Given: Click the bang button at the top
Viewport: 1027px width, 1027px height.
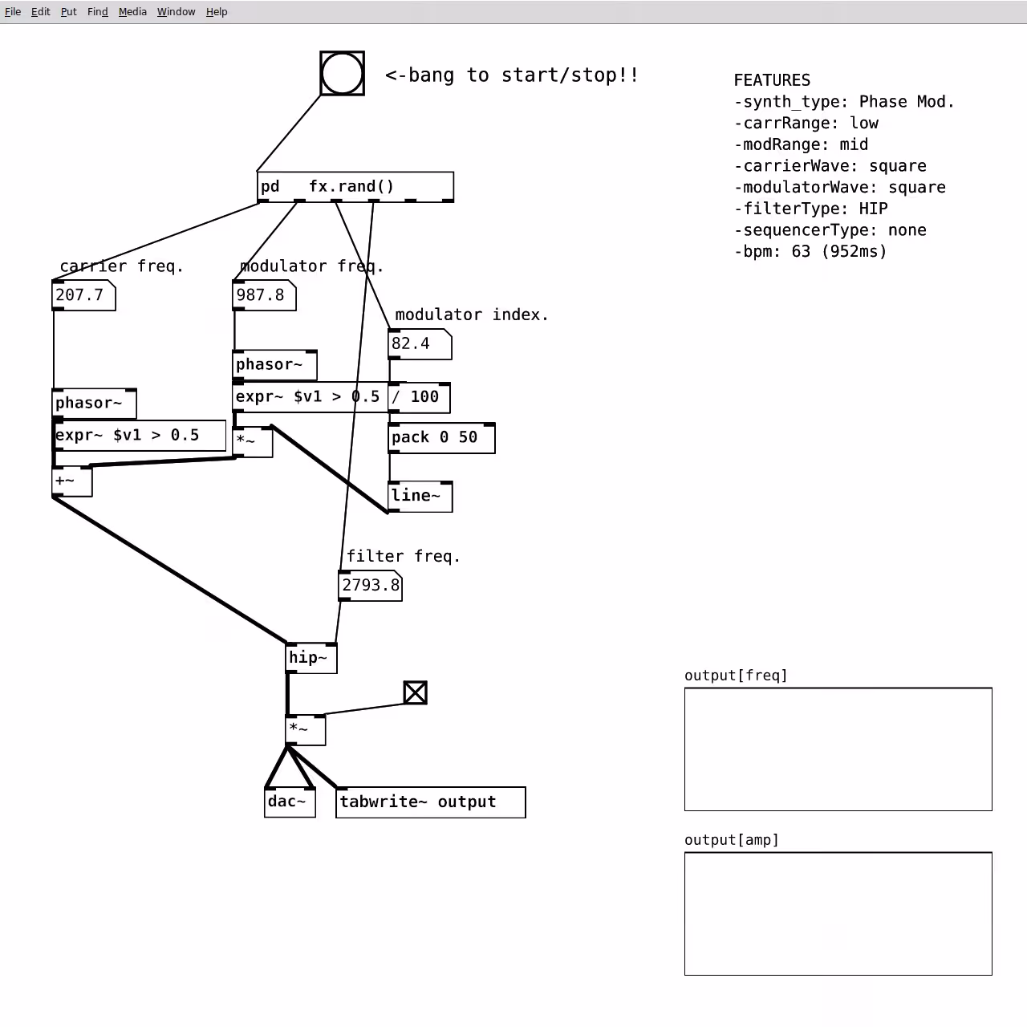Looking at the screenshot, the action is click(342, 73).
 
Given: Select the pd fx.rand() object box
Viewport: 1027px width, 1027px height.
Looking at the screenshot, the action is click(355, 186).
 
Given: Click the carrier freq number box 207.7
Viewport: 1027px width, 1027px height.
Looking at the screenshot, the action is click(83, 295).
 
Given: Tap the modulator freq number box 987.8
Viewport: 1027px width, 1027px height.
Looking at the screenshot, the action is click(264, 295).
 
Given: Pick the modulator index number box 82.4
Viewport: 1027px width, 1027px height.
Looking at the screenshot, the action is click(420, 344).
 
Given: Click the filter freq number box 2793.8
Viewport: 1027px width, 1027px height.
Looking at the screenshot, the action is click(371, 586).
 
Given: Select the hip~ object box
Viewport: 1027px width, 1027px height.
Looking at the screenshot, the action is click(311, 658).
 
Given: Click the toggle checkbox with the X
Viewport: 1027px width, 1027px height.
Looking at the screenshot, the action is click(415, 692).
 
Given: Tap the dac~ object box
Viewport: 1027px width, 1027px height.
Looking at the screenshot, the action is click(290, 802).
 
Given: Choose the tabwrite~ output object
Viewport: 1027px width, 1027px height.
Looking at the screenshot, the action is click(431, 802).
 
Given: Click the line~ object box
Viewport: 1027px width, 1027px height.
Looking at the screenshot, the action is click(420, 497).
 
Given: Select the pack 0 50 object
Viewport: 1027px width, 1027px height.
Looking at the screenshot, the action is click(442, 438).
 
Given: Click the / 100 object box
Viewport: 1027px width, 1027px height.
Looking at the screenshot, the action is click(420, 398).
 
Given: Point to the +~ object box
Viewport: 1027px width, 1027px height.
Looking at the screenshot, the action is click(72, 481).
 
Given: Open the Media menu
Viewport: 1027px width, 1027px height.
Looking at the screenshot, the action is click(132, 12).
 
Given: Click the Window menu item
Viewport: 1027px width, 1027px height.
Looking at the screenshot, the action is click(177, 12).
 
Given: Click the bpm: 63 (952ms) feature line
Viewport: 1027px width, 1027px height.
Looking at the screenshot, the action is click(810, 252).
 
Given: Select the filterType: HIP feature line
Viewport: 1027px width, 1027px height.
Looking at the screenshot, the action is click(810, 209).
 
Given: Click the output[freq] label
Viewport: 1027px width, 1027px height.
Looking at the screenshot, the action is click(736, 676).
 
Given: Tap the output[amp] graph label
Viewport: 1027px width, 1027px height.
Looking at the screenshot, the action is click(732, 840).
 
